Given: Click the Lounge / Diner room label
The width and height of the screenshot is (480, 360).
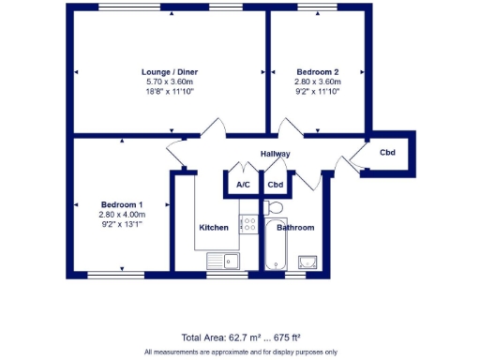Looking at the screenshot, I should [x=169, y=72].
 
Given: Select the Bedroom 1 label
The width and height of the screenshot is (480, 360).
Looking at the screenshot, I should [x=122, y=205].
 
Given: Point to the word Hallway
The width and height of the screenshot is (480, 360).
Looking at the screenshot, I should [x=276, y=154].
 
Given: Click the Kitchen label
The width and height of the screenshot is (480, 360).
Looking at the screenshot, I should [x=214, y=228].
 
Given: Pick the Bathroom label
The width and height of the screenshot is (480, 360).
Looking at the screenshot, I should [x=295, y=228].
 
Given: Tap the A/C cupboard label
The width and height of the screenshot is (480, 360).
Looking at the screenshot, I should [x=243, y=185].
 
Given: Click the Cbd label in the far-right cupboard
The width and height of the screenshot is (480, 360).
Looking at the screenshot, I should [x=386, y=152].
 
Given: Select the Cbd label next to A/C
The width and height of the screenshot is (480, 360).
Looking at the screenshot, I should [x=276, y=185].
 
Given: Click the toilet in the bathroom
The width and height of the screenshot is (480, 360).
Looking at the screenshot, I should [x=275, y=207].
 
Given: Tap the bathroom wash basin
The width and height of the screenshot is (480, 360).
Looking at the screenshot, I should [x=308, y=262].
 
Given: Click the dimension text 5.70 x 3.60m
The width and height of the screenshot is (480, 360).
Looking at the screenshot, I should [x=169, y=82].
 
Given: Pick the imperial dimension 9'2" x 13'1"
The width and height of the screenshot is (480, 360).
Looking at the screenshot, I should [x=122, y=224].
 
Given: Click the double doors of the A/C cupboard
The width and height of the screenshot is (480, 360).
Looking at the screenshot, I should [x=243, y=169].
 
